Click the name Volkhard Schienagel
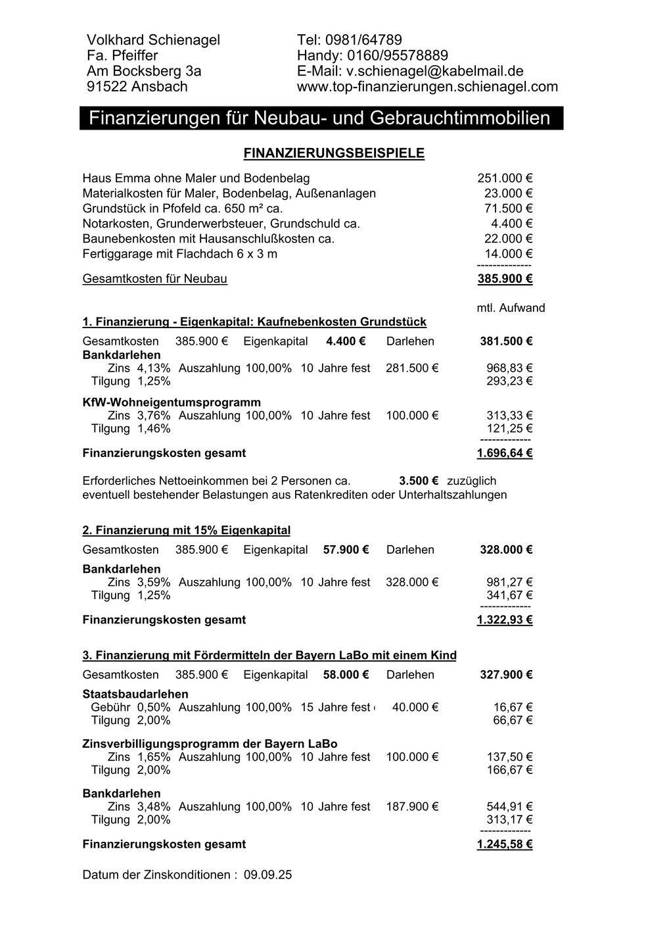[153, 40]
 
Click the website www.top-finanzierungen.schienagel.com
[427, 87]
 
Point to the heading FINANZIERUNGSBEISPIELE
[334, 153]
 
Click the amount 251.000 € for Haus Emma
[504, 178]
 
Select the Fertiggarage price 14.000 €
[508, 254]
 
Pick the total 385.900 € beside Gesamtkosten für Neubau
[504, 279]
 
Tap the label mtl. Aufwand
[511, 308]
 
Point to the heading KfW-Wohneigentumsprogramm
[172, 402]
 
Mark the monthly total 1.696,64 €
[504, 453]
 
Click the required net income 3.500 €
[419, 481]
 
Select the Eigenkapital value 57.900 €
[346, 550]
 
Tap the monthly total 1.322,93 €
[504, 619]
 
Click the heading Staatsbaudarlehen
[135, 694]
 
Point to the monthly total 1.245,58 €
[504, 844]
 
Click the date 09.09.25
[267, 875]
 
